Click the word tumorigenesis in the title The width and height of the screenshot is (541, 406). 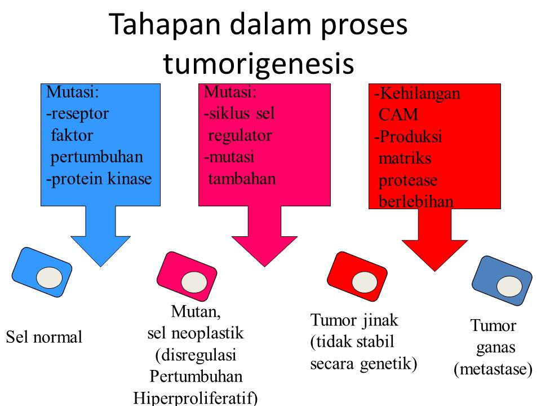[259, 64]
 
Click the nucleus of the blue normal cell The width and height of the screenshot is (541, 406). [49, 277]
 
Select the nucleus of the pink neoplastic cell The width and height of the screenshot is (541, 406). [193, 281]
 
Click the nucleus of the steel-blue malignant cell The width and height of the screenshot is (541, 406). [509, 286]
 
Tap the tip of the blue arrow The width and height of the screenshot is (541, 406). [100, 266]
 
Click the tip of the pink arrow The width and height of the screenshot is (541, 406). [264, 266]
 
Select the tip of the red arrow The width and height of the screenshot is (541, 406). [434, 270]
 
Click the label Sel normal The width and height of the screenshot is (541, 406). [44, 338]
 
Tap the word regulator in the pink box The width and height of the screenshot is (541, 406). [240, 135]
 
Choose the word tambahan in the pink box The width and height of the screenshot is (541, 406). [242, 179]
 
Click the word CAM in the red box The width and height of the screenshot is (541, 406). [398, 115]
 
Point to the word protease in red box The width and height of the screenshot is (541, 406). [408, 180]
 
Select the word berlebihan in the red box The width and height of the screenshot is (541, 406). [416, 201]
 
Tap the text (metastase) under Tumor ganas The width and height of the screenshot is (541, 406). [493, 369]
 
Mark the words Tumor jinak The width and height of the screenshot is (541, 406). [354, 320]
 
